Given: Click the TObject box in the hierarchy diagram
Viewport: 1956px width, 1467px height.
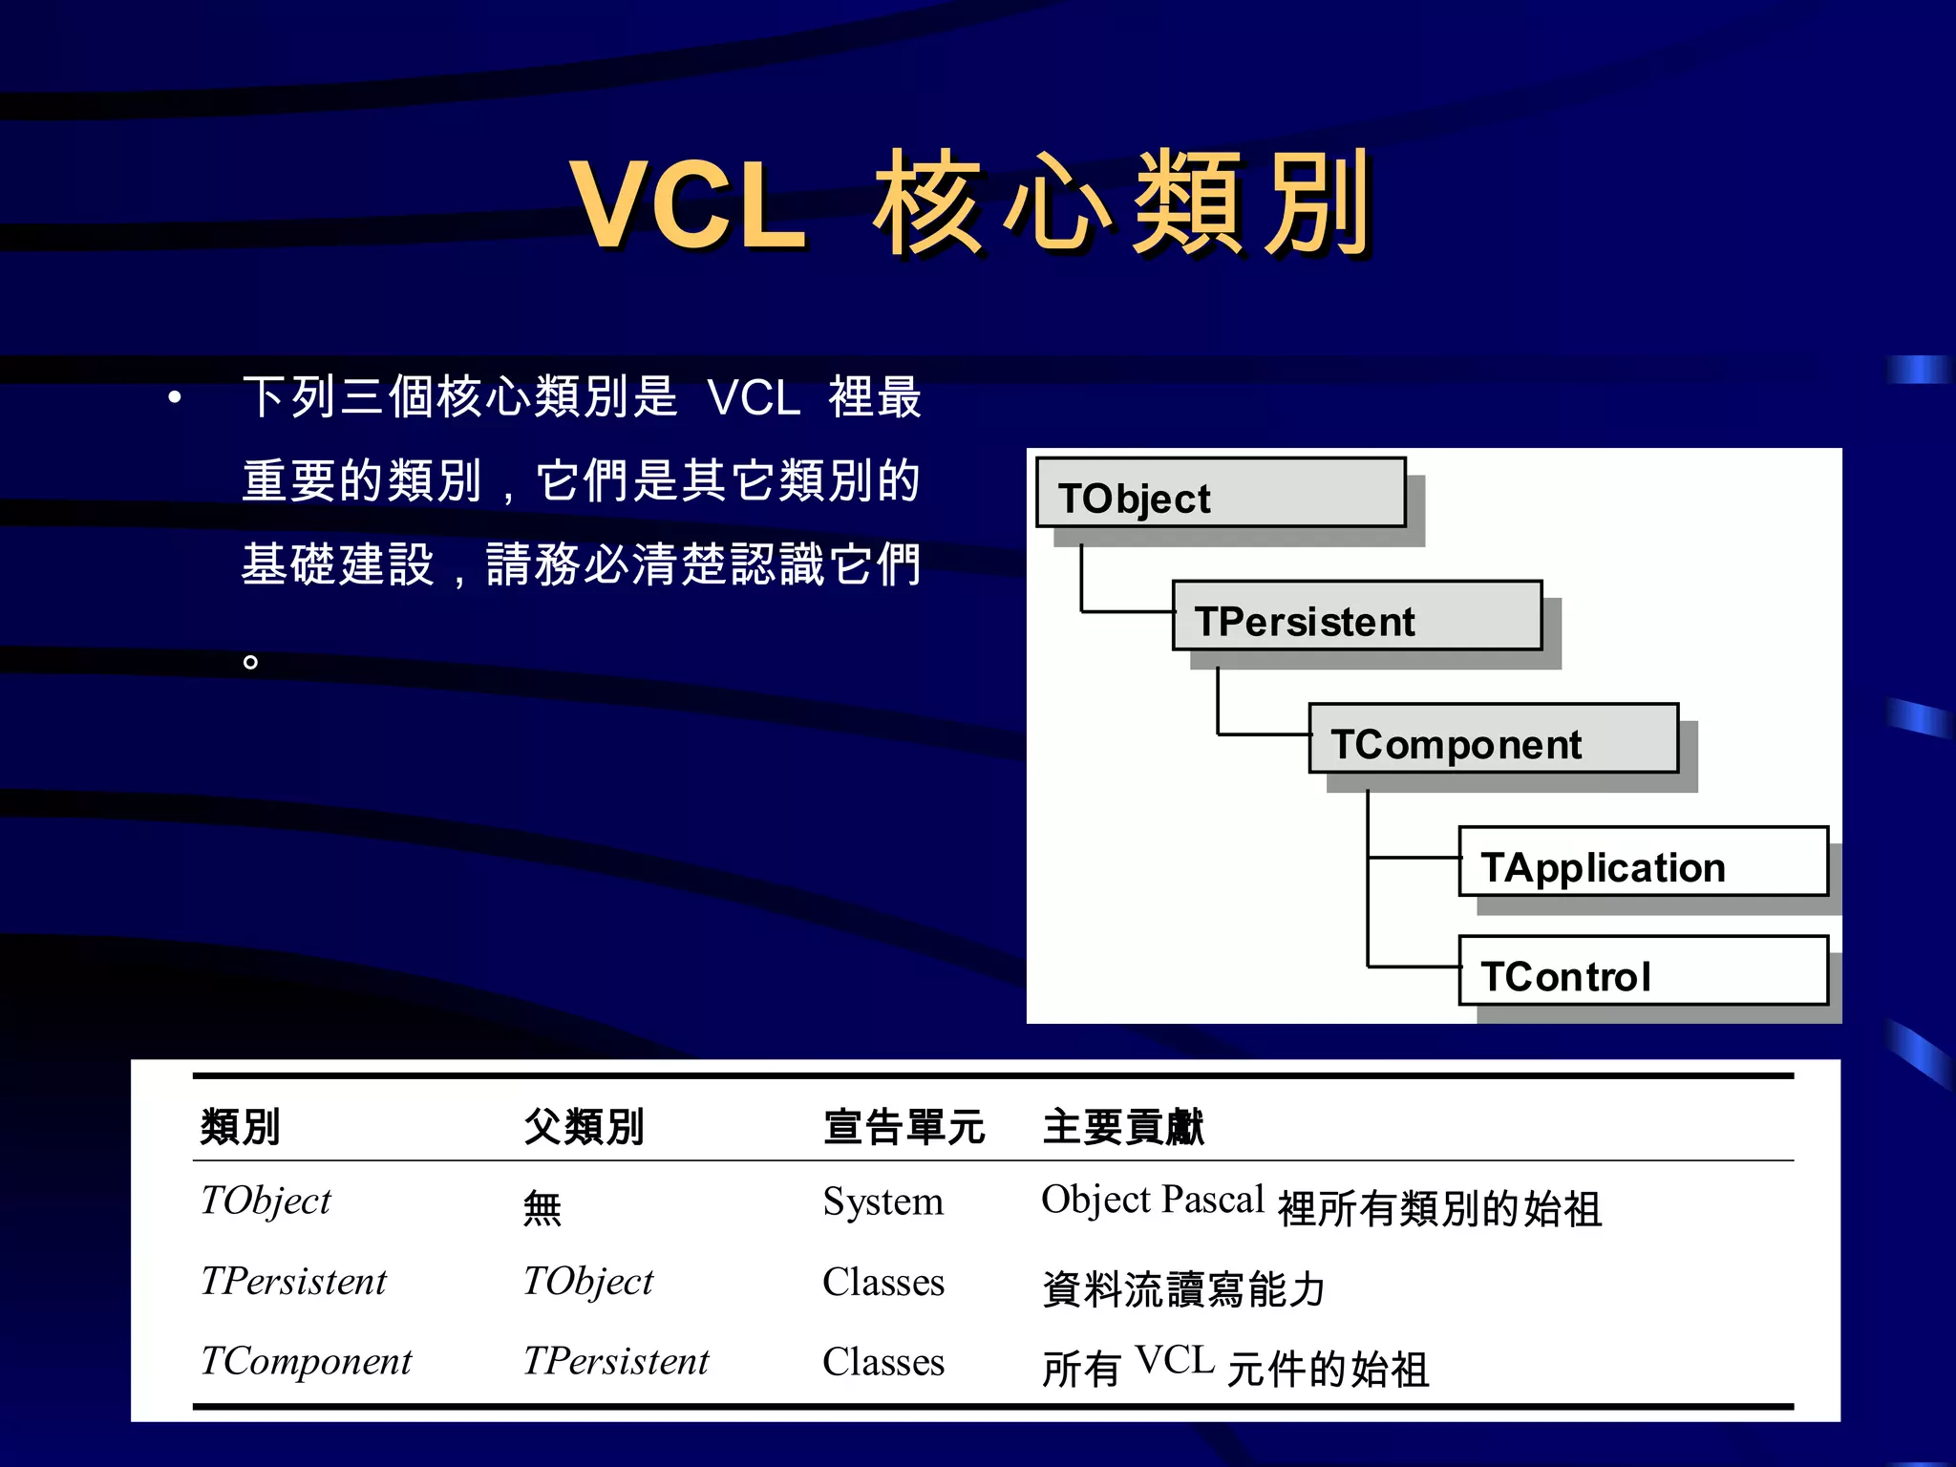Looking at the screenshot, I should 1220,494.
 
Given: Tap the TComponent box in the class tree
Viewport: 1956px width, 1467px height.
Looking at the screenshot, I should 1493,739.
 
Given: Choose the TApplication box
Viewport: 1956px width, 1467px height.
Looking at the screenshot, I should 1643,862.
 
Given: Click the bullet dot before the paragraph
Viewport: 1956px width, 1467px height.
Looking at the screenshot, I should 174,397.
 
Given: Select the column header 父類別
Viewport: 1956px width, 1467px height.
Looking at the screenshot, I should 584,1127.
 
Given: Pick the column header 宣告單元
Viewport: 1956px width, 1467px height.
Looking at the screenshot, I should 904,1127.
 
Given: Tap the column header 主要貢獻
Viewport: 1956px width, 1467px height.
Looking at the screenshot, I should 1122,1127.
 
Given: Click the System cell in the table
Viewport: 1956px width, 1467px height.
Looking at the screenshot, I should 882,1201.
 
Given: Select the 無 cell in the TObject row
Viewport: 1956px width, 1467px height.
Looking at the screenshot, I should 542,1208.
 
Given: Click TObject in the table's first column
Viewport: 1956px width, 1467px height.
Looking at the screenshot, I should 266,1201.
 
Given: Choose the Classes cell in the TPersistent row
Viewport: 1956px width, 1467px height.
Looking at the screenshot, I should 882,1282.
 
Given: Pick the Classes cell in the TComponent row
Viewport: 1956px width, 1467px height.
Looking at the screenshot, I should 882,1362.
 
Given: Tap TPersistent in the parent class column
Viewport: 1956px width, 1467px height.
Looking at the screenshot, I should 615,1362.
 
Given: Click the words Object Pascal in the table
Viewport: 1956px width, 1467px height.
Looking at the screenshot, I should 1152,1200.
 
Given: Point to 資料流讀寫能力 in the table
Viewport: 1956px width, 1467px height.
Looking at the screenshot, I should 1182,1289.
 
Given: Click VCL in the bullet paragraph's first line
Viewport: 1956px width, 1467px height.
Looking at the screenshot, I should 753,397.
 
